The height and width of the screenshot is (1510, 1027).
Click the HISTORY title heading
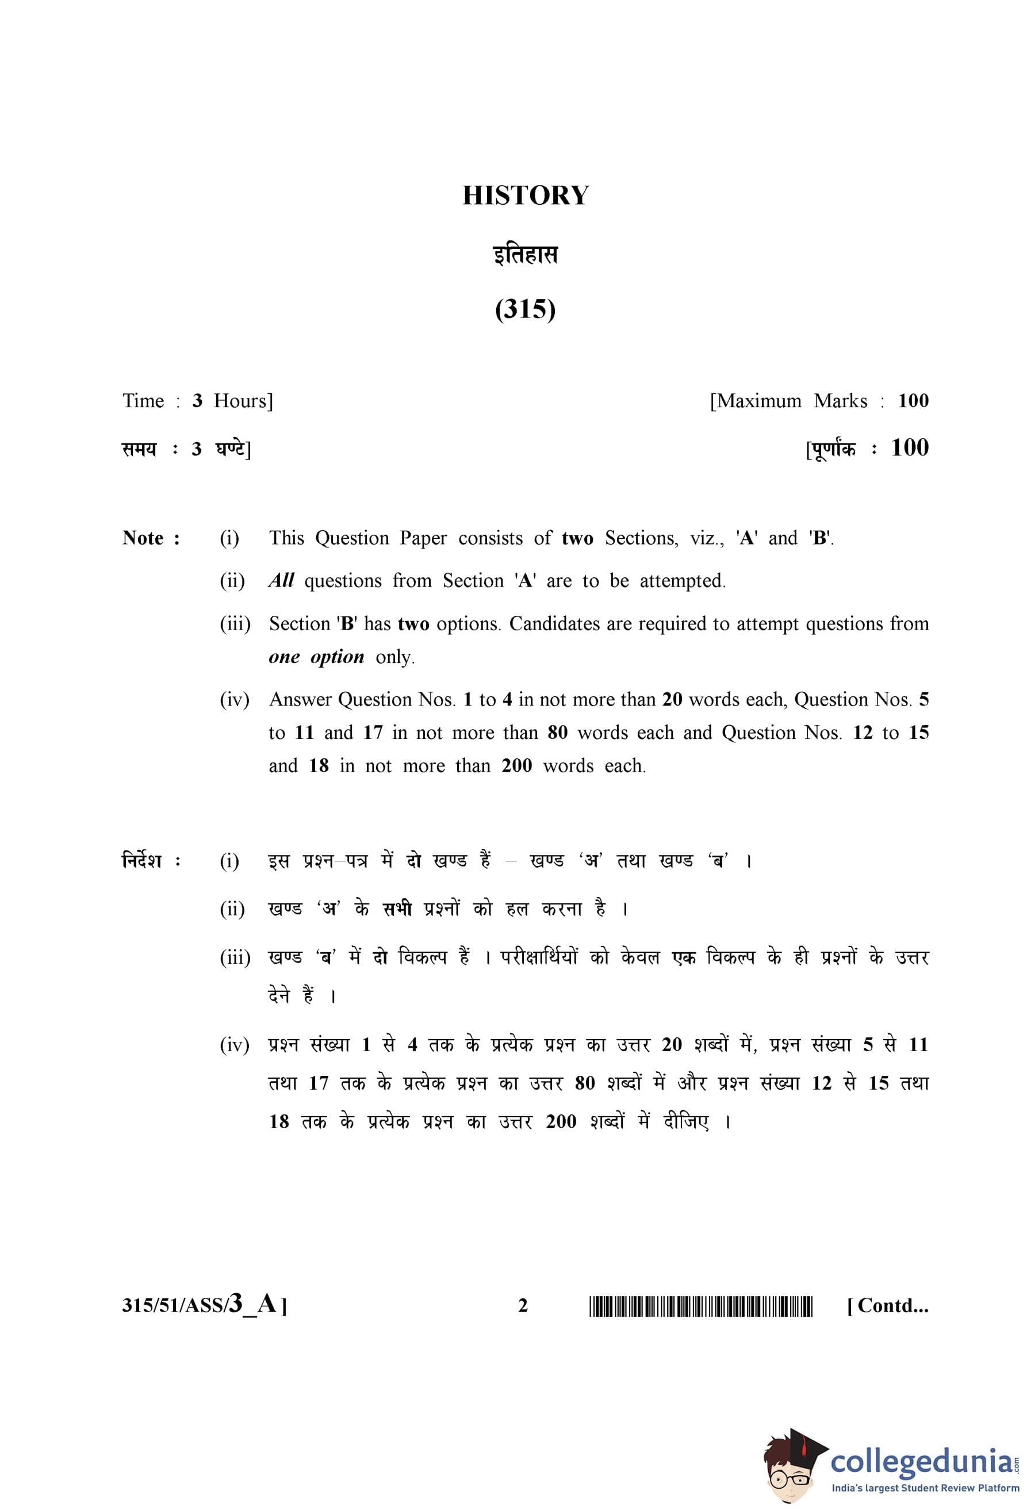coord(525,196)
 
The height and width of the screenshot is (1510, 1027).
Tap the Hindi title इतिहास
coord(525,254)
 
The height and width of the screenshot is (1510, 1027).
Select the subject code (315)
coord(525,309)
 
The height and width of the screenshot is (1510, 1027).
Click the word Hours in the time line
coord(243,401)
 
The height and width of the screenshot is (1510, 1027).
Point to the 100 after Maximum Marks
coord(913,401)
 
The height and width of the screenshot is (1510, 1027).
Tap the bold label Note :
coord(151,538)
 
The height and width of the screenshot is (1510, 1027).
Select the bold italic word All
coord(281,580)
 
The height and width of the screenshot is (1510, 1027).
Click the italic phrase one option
coord(316,657)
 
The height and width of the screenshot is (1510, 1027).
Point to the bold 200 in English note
coord(516,766)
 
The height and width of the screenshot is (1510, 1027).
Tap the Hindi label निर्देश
coord(142,861)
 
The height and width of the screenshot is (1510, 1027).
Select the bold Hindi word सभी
coord(396,909)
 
